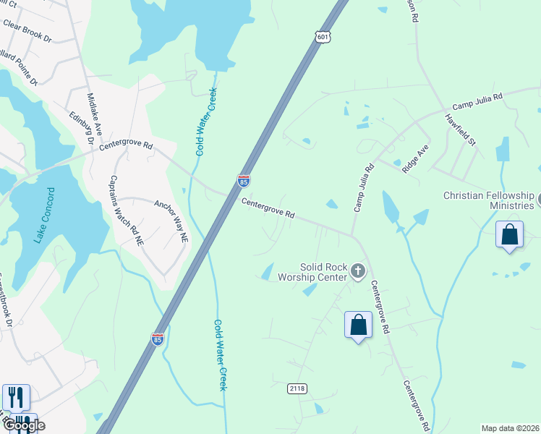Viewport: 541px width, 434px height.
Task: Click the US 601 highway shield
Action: click(323, 36)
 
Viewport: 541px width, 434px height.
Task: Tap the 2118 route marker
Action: click(297, 388)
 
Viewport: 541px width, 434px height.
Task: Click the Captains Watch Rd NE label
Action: click(126, 211)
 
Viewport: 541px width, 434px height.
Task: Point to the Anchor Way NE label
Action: click(171, 220)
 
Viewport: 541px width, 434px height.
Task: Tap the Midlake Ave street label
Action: click(94, 114)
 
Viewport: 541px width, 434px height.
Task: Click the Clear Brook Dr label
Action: click(27, 30)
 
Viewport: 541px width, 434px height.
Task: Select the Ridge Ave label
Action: click(416, 157)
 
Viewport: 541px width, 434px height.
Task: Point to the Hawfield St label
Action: click(460, 130)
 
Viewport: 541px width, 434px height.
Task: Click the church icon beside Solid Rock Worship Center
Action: click(357, 272)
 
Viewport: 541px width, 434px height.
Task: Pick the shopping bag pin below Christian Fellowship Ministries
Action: click(509, 234)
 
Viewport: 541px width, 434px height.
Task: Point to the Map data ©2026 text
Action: click(510, 428)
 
